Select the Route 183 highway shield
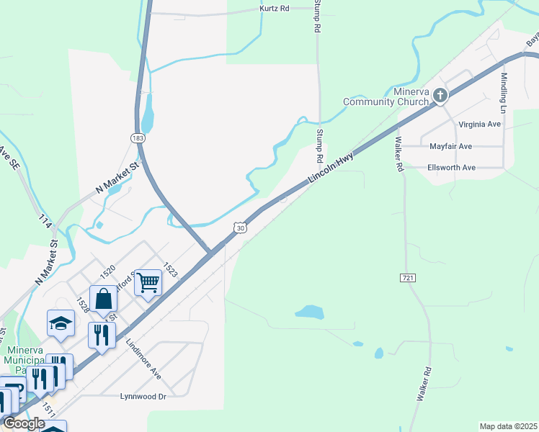137,137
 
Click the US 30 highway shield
240,228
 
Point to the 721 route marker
407,277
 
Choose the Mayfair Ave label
450,146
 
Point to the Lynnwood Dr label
143,396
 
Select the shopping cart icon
148,283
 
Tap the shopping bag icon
103,299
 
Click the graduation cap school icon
61,323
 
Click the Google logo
24,423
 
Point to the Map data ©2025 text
508,426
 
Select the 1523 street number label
170,269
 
